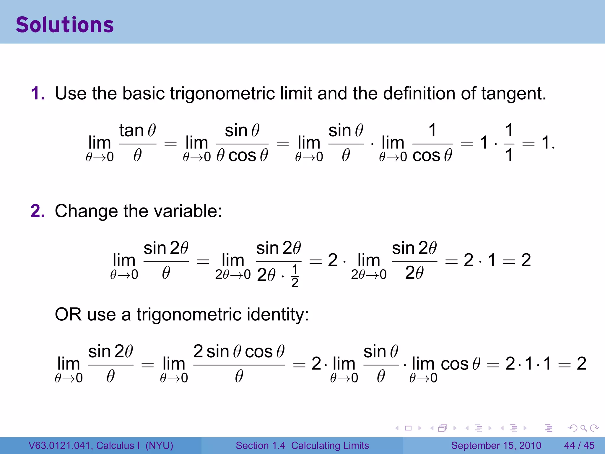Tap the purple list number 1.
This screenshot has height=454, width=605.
pyautogui.click(x=38, y=93)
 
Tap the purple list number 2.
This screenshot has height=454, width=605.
pyautogui.click(x=38, y=211)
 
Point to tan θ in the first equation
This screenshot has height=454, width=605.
pyautogui.click(x=137, y=130)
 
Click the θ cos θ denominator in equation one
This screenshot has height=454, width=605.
pyautogui.click(x=242, y=155)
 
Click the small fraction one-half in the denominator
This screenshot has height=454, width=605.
pyautogui.click(x=295, y=276)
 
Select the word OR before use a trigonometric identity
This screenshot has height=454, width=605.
pyautogui.click(x=68, y=314)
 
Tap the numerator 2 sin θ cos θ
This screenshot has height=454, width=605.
pyautogui.click(x=239, y=351)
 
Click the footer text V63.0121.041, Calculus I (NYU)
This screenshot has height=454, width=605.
pyautogui.click(x=101, y=445)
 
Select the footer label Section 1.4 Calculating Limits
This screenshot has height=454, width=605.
pyautogui.click(x=302, y=445)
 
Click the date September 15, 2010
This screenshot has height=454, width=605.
pyautogui.click(x=496, y=445)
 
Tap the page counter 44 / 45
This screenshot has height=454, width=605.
pyautogui.click(x=579, y=445)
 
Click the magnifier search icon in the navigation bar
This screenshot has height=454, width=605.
pyautogui.click(x=583, y=428)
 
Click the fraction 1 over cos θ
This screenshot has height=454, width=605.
pyautogui.click(x=432, y=143)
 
